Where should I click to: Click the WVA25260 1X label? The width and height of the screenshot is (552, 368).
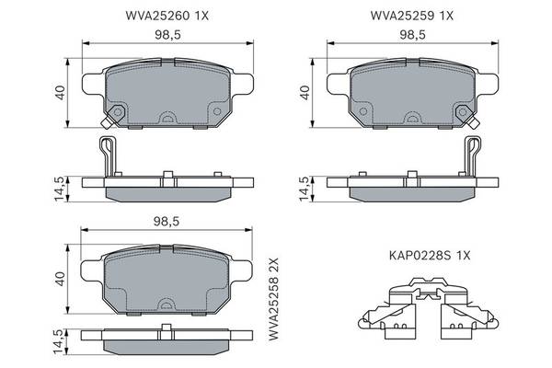pyautogui.click(x=167, y=16)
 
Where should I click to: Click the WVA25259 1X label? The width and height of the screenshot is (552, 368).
pyautogui.click(x=412, y=16)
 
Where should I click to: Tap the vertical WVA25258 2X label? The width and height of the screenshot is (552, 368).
pyautogui.click(x=273, y=299)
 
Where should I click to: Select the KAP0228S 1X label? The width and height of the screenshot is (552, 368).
pyautogui.click(x=430, y=256)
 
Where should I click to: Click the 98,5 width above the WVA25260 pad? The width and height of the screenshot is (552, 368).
pyautogui.click(x=167, y=35)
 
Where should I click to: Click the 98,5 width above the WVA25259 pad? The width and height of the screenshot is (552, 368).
pyautogui.click(x=412, y=35)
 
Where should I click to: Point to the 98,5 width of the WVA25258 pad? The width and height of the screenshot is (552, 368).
pyautogui.click(x=167, y=221)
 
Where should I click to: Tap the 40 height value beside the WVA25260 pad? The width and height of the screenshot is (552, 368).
pyautogui.click(x=60, y=93)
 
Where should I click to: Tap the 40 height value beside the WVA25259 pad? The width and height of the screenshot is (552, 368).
pyautogui.click(x=305, y=93)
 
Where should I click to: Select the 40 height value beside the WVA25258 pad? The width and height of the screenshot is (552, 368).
pyautogui.click(x=60, y=279)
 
